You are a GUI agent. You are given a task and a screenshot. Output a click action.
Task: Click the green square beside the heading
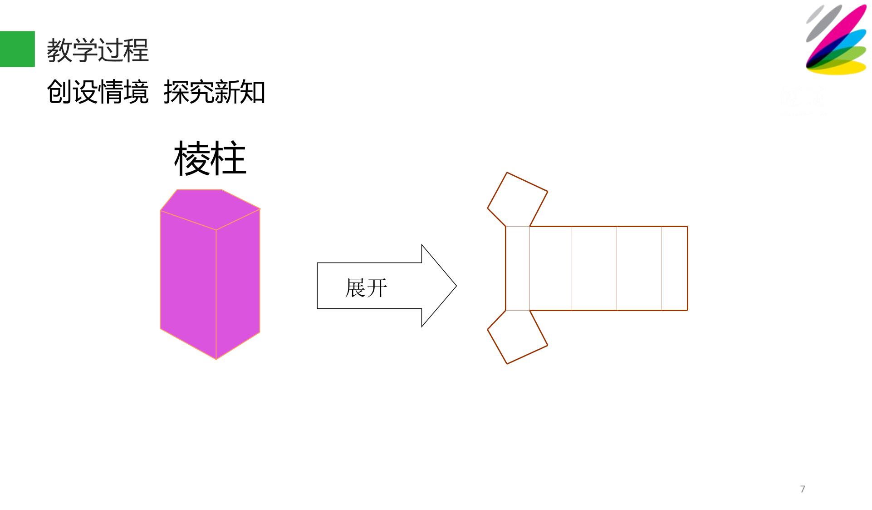[x=17, y=49]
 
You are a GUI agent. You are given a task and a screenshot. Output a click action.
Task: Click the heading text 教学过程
[x=98, y=50]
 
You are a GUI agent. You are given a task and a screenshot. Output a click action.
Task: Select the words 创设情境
[x=98, y=92]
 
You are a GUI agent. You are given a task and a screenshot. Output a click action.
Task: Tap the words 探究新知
[x=214, y=92]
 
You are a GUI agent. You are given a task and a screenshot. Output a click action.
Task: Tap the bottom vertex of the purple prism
[x=216, y=359]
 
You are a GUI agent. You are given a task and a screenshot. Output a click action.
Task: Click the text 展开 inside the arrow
[x=366, y=288]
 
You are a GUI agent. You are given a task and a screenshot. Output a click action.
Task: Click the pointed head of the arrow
[x=456, y=286]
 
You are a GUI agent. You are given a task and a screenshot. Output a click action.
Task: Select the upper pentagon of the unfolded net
[x=518, y=199]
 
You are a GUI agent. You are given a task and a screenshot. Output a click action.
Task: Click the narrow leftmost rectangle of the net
[x=518, y=268]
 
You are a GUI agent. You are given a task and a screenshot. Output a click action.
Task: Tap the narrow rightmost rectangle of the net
[x=675, y=268]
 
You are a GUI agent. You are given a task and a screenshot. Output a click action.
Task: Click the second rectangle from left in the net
[x=551, y=268]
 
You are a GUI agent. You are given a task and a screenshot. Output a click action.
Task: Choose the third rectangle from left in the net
[x=594, y=268]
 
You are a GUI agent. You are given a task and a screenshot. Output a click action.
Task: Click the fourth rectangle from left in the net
[x=639, y=268]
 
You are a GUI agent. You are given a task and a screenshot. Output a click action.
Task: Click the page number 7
[x=803, y=489]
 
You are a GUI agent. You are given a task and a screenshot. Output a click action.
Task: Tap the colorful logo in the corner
[x=836, y=40]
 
